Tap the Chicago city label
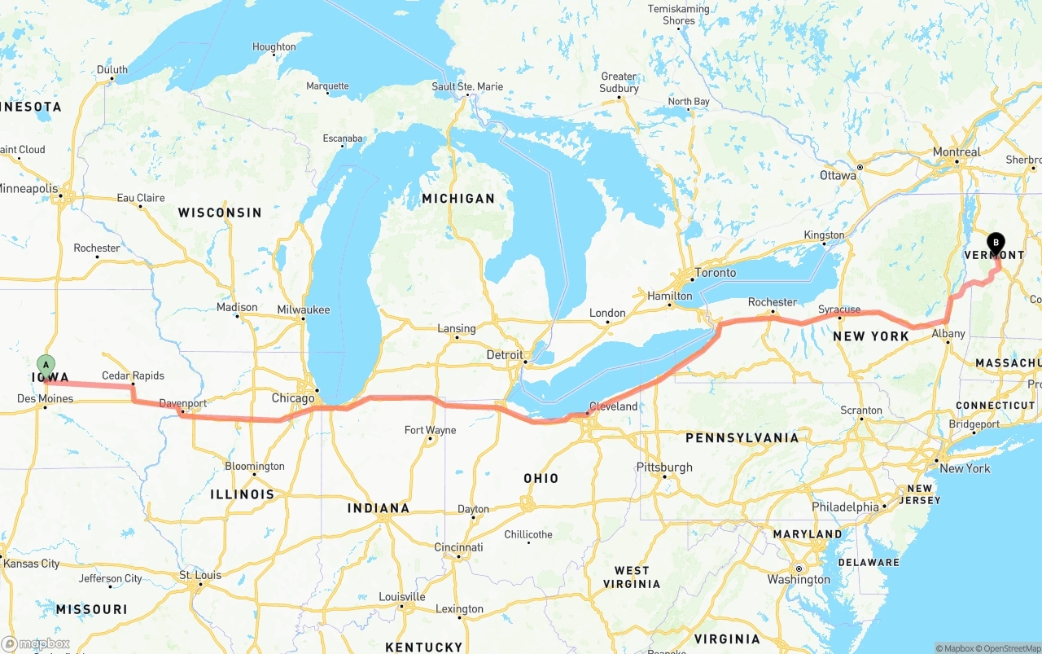(293, 398)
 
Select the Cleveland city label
(613, 406)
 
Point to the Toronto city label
(716, 273)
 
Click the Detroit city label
(505, 355)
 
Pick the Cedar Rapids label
(133, 375)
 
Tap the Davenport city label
(182, 403)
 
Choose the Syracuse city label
(839, 309)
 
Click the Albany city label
(948, 333)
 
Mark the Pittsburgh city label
(664, 467)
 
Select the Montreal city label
(957, 152)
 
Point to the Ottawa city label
(838, 175)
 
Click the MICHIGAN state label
(458, 199)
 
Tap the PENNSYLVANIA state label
(742, 438)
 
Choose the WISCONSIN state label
(220, 213)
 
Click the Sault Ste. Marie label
(467, 86)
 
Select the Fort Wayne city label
(430, 430)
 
